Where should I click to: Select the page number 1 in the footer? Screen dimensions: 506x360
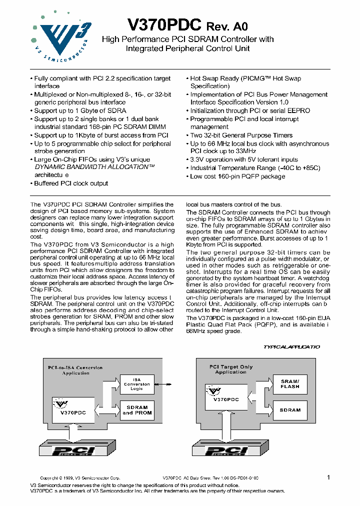(x=328, y=477)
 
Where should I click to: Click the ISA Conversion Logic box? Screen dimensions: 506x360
(x=136, y=384)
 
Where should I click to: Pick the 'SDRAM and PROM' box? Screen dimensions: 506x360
(x=137, y=410)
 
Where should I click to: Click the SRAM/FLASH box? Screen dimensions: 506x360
(x=290, y=384)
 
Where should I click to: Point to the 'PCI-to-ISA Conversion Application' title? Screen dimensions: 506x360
(x=75, y=370)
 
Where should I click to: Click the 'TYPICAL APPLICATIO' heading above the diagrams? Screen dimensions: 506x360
(x=291, y=346)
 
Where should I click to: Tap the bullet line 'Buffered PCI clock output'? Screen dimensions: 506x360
(x=70, y=183)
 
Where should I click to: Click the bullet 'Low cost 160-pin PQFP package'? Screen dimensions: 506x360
(x=237, y=176)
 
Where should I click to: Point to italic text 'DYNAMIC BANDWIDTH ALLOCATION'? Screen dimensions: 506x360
(x=94, y=167)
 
